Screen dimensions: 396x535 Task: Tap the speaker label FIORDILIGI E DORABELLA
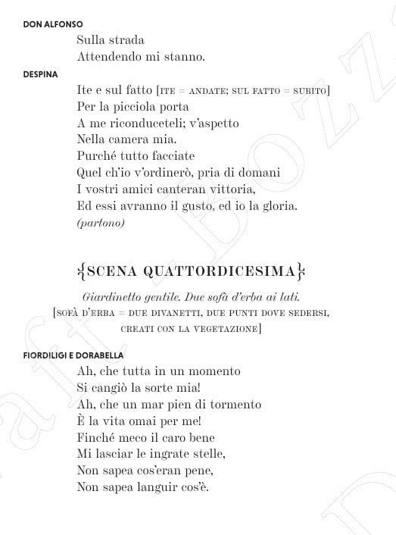coord(73,355)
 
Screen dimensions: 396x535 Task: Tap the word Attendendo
coord(111,56)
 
